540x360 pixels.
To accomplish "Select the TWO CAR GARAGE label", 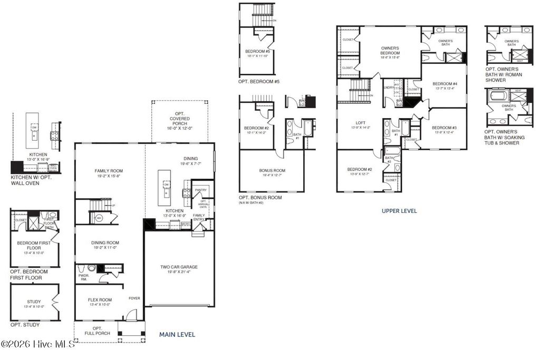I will click(x=179, y=267).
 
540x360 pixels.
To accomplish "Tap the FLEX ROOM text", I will click(x=100, y=300).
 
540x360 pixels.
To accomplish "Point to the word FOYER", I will click(x=134, y=298).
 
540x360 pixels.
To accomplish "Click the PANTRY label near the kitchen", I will click(x=200, y=190).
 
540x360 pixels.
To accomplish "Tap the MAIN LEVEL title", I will click(x=177, y=334).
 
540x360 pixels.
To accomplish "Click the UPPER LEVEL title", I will click(x=399, y=211).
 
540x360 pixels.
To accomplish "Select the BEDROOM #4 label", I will click(x=445, y=84).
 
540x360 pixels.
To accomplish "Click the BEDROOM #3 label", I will click(x=443, y=128).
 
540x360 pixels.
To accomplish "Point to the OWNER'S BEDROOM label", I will click(x=390, y=51).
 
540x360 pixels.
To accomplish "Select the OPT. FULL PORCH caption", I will click(x=101, y=331).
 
